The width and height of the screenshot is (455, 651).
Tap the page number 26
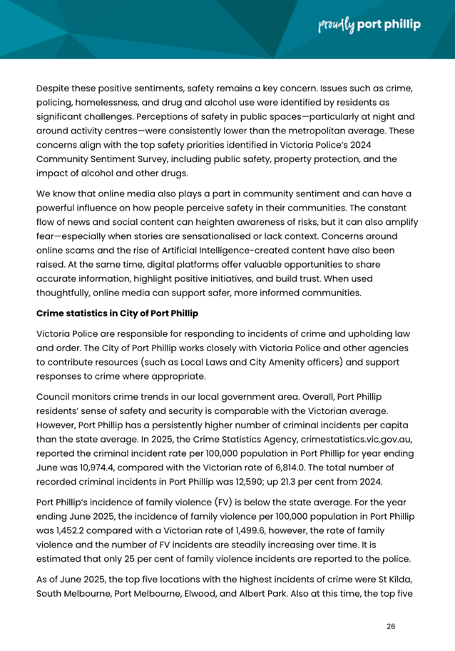coord(390,626)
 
